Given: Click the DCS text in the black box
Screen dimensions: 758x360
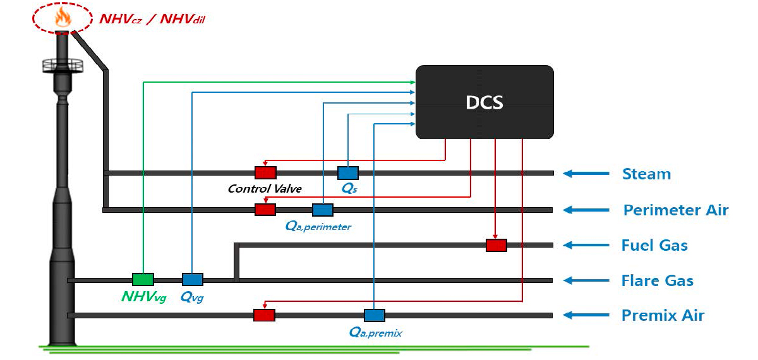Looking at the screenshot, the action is tap(484, 102).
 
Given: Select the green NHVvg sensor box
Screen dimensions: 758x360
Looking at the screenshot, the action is tap(143, 279).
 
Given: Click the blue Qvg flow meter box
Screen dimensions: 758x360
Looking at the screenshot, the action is tap(193, 279).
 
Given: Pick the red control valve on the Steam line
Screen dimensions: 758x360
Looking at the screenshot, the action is tap(266, 172).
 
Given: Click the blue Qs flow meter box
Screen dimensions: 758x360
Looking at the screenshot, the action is tap(348, 173).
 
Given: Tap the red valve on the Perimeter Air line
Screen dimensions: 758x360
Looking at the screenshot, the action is tap(265, 210).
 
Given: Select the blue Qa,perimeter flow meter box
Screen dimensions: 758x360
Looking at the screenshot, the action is tap(323, 210).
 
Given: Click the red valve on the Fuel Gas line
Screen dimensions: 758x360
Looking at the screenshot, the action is tap(496, 245).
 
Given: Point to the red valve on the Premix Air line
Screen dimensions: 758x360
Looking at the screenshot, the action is tap(264, 315).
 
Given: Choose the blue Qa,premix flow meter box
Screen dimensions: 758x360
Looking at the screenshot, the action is tap(374, 315).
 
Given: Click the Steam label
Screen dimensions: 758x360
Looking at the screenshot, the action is tap(647, 174).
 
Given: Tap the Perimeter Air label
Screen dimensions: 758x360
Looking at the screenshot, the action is tap(676, 210).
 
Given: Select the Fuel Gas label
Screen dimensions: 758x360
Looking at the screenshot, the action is tap(654, 245).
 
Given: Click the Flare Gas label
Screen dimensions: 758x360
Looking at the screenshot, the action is tap(657, 280).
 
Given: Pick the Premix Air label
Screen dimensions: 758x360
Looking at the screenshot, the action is tap(663, 315).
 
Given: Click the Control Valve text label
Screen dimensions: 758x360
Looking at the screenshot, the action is tap(265, 188).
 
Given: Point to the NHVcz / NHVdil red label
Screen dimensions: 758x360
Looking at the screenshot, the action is tap(152, 19).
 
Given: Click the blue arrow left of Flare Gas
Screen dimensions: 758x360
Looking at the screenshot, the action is tap(586, 280).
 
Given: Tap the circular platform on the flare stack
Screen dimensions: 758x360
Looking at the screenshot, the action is tap(63, 66).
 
